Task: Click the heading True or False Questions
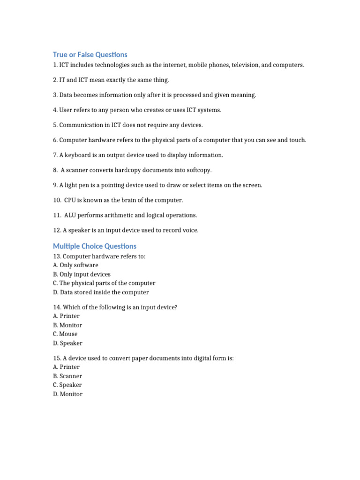coord(90,54)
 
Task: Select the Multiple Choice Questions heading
coord(95,246)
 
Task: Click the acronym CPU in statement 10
coord(70,200)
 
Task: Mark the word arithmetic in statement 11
coord(123,215)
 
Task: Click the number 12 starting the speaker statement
coord(56,230)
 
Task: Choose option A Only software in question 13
coord(75,265)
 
